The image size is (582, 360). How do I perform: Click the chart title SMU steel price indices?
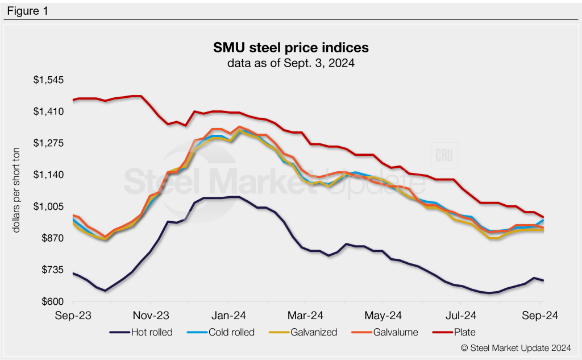coord(291,47)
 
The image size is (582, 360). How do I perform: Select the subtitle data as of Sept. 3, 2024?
coord(291,63)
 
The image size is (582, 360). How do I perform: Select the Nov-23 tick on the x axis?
coord(151,314)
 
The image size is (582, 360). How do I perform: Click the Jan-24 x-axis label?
coord(228,314)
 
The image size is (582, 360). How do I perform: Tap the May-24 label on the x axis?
coord(383,314)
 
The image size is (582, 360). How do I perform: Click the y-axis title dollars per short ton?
coord(18,190)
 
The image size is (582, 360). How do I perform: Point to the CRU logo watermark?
coord(444,157)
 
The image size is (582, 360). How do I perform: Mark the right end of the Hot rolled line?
coord(543,280)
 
